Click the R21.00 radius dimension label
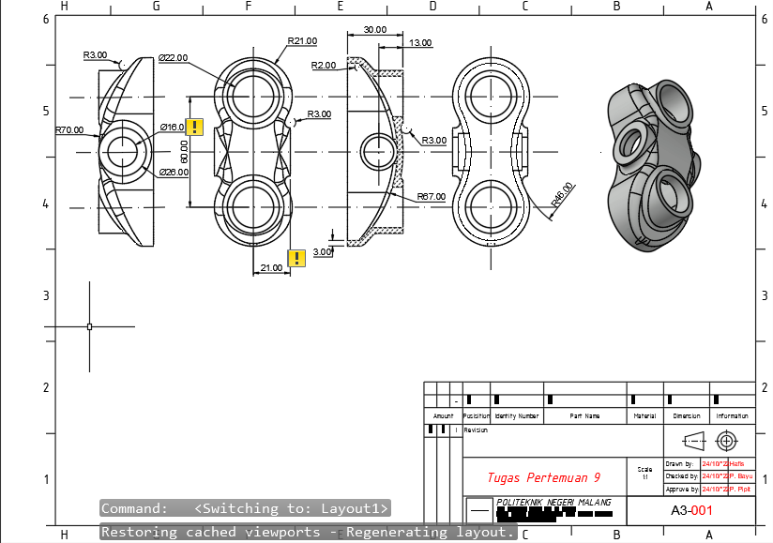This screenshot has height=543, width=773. (302, 41)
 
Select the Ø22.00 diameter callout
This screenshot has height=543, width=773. (174, 57)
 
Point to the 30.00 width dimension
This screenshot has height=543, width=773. (374, 30)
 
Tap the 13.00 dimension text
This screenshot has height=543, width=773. (420, 43)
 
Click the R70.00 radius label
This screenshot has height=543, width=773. (68, 130)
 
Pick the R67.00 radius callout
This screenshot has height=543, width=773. (432, 197)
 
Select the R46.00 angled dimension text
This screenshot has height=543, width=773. (562, 194)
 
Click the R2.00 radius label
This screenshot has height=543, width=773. (325, 66)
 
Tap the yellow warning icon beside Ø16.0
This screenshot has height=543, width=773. (194, 128)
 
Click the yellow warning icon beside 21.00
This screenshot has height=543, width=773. (296, 258)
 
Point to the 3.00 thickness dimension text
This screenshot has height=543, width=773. (323, 252)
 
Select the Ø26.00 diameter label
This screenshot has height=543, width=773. (174, 173)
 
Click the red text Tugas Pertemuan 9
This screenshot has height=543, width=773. (543, 477)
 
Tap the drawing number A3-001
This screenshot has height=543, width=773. (692, 511)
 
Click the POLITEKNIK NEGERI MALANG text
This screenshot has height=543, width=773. (553, 503)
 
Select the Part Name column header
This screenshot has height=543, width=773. (584, 415)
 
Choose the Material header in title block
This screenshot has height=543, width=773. (644, 415)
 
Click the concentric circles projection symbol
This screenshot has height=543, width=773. (726, 441)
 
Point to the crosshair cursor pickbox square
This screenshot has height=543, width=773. (89, 326)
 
